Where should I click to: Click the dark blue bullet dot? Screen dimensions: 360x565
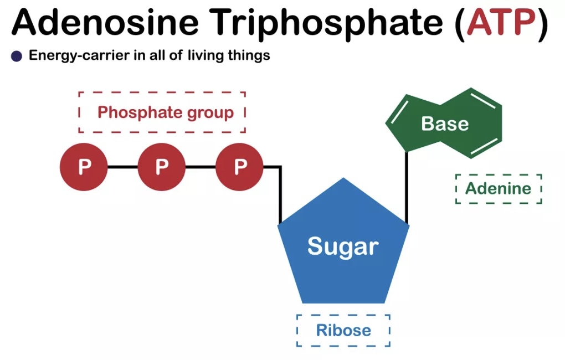pos(17,56)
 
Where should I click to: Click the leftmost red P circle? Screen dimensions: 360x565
pos(84,166)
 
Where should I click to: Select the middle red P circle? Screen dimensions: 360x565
pos(161,166)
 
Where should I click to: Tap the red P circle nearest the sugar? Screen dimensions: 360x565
pos(239,166)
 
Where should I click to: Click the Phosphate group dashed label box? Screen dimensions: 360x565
pos(162,112)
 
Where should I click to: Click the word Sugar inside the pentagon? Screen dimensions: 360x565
pos(343,246)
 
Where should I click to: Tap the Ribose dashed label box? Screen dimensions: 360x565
pos(343,331)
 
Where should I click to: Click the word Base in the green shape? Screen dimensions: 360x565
pos(445,124)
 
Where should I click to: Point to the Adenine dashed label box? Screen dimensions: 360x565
pos(498,188)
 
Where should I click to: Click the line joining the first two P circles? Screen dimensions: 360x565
pos(122,166)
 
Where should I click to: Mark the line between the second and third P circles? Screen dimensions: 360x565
pos(200,166)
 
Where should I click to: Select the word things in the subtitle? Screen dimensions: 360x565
pos(249,56)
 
